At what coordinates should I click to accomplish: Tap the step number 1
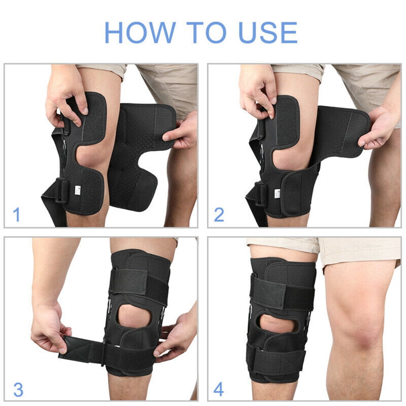[16, 214]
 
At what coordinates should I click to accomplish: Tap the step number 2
[219, 214]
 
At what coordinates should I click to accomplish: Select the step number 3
[18, 389]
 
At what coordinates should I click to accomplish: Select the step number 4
[218, 389]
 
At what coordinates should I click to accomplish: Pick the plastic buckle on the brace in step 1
[61, 191]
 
